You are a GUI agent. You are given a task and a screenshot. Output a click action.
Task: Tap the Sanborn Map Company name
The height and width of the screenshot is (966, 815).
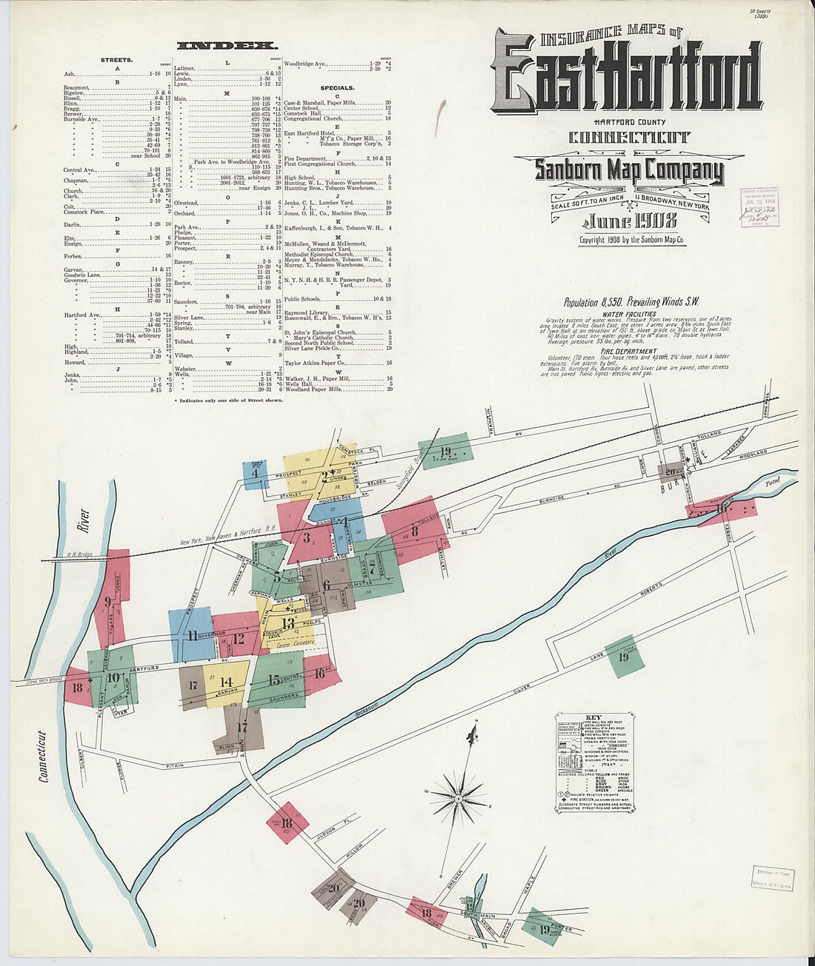coord(629,170)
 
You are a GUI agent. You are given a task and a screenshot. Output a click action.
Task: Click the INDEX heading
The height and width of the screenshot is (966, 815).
coord(227,46)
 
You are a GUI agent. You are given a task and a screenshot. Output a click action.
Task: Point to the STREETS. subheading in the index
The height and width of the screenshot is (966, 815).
coord(117,60)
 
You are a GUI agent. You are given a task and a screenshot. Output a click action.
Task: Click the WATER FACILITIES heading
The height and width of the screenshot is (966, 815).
coord(630,314)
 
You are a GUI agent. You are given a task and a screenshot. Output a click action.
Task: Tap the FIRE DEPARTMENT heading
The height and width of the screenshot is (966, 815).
coord(629,351)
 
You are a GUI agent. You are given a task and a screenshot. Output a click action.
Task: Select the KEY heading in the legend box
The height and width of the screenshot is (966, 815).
coord(593,718)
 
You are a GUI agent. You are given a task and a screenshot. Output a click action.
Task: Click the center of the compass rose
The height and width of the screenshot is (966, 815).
coord(458,799)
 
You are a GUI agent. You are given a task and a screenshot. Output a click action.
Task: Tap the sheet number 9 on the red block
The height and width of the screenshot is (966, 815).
coord(108,602)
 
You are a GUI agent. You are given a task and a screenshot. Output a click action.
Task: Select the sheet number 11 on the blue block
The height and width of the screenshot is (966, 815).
coord(193,635)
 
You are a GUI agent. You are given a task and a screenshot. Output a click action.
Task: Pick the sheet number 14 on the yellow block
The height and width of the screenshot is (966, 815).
coord(227,682)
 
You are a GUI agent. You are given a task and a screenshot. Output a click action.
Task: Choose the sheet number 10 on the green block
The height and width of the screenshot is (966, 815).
coord(112,677)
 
